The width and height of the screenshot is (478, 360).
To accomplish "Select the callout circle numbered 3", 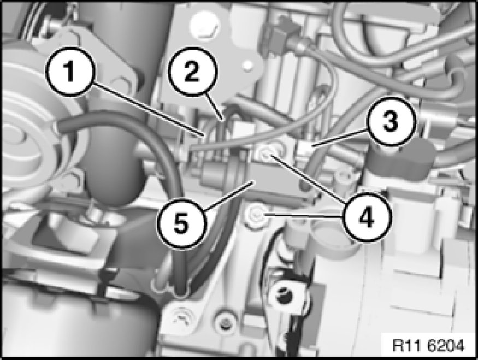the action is [x=391, y=121].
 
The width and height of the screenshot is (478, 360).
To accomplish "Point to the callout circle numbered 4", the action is [x=366, y=216].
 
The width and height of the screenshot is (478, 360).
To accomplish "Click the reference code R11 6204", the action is [x=428, y=346].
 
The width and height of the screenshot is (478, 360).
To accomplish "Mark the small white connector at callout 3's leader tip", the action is [x=304, y=149].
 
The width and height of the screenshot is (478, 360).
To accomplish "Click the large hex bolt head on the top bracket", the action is [x=204, y=26].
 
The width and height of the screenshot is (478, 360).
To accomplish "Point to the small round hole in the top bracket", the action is [x=249, y=64].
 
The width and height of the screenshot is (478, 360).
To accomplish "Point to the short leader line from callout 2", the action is [x=215, y=107].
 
